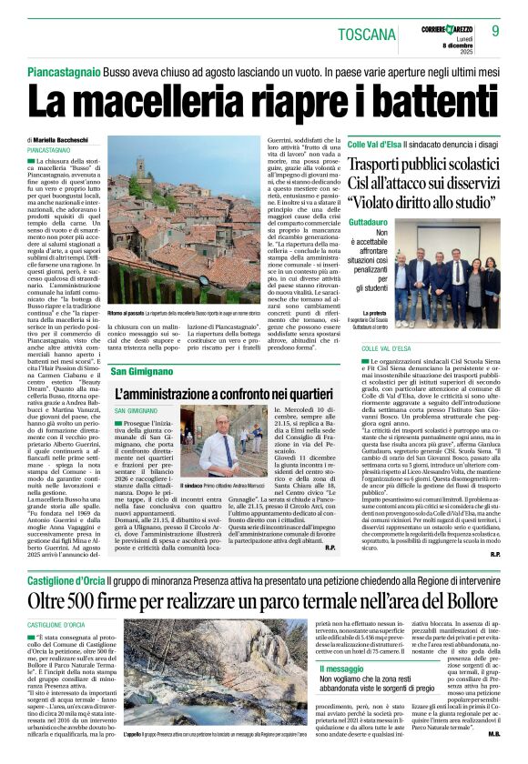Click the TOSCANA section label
click(x=368, y=35)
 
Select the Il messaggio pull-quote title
click(x=327, y=668)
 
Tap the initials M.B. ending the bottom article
click(x=493, y=733)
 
